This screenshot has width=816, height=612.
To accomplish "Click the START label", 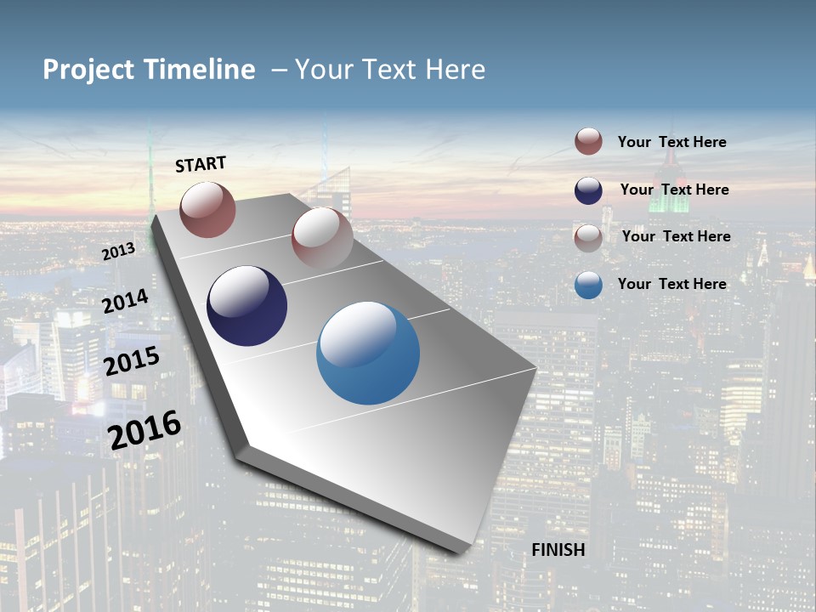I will (201, 164).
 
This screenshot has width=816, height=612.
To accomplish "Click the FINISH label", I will (558, 550).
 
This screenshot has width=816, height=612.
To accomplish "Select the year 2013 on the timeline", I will (118, 252).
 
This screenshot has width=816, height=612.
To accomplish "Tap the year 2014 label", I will (125, 301).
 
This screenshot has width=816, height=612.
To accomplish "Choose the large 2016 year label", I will (144, 430).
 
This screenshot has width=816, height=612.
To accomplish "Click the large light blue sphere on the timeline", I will (368, 353).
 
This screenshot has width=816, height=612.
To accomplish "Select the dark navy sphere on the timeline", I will (246, 306).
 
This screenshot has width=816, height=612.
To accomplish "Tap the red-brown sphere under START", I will (207, 209).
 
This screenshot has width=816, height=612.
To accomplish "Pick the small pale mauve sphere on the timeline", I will (321, 237).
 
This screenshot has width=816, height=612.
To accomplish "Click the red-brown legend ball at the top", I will (588, 142).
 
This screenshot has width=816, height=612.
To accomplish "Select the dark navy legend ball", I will (588, 190).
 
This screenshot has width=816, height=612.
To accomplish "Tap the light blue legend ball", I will (588, 285).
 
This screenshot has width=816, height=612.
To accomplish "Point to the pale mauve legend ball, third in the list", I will (588, 237).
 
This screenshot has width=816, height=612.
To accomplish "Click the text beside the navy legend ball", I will (674, 190).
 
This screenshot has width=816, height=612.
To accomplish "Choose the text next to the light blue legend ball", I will (671, 284).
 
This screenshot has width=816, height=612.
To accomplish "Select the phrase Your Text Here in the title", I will (389, 70).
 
